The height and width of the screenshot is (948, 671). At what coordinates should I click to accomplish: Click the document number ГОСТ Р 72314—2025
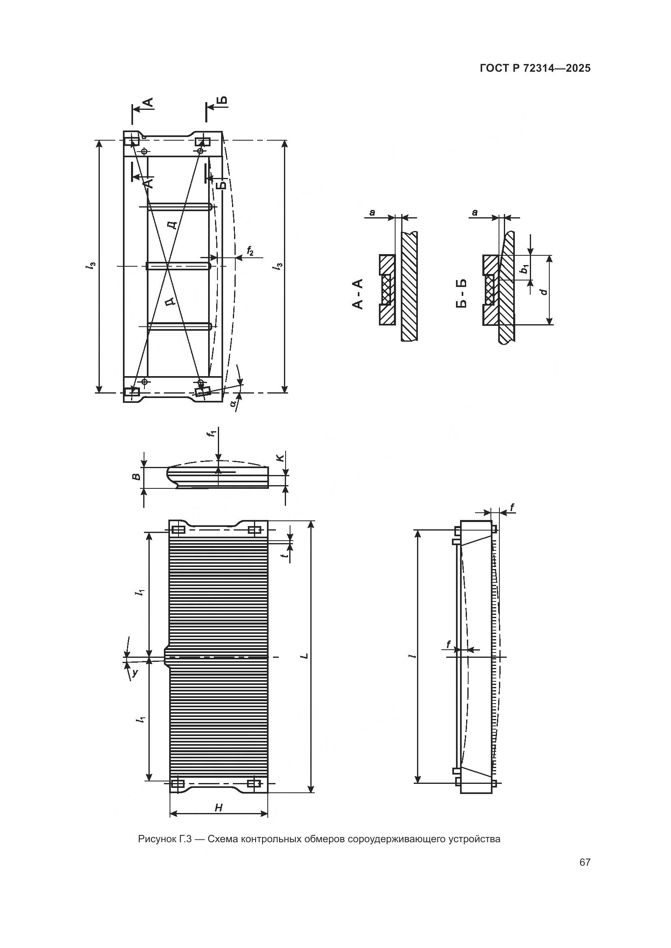535,68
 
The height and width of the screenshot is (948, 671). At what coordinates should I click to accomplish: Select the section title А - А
357,293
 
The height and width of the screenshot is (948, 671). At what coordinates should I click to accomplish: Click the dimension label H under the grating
219,819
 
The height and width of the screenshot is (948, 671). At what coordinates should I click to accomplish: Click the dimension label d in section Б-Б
544,292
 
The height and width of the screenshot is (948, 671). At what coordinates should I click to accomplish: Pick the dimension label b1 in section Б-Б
524,269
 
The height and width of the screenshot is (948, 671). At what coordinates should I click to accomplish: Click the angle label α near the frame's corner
234,403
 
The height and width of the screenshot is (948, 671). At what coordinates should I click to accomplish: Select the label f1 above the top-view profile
212,434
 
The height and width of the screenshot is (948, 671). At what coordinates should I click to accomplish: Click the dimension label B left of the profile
136,477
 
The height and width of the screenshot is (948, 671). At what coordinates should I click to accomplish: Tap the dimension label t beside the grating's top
284,555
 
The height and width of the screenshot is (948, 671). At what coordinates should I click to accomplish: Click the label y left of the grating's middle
134,673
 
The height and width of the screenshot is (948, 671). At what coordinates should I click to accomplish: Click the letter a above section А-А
372,213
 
